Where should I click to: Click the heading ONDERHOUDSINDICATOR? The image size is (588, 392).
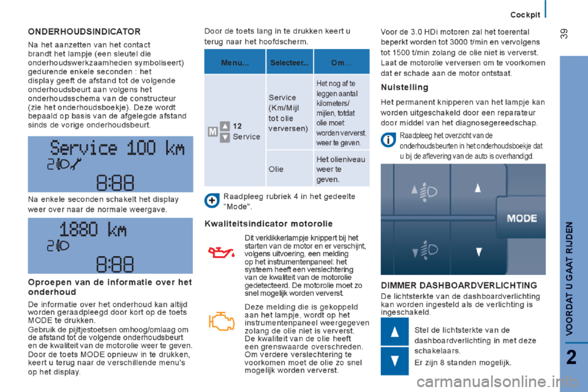(84, 31)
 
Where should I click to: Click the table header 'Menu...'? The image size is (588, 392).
(235, 62)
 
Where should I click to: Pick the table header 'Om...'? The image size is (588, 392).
(341, 62)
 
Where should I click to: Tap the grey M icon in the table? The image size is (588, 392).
(211, 132)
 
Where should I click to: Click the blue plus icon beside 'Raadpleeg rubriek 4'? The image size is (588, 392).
(211, 200)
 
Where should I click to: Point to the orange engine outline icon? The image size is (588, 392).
(221, 321)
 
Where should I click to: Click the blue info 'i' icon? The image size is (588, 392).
(387, 140)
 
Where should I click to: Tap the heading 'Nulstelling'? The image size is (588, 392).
(404, 88)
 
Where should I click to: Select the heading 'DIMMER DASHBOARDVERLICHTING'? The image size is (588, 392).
(459, 285)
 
